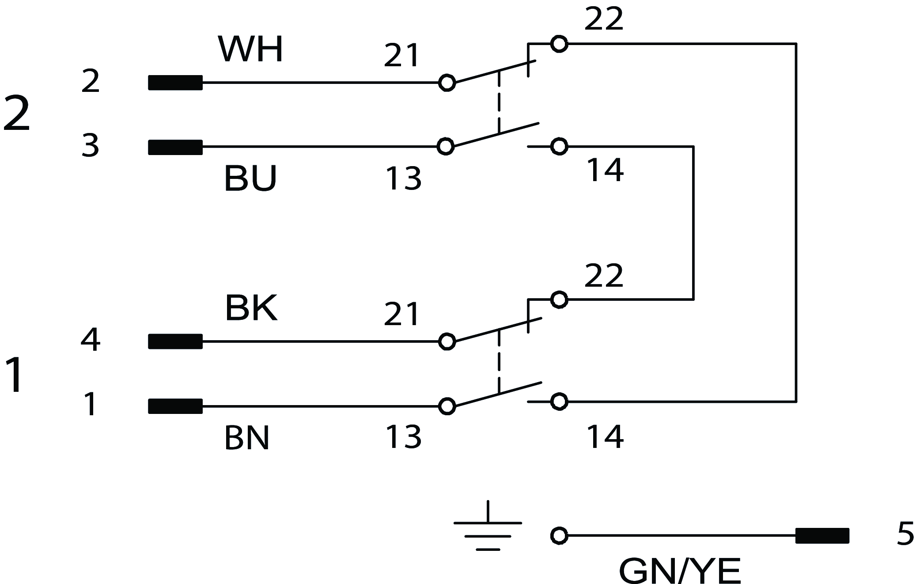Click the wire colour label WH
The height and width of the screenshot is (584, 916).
[250, 49]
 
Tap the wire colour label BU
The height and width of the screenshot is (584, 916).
[250, 178]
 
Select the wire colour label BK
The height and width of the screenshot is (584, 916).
[251, 308]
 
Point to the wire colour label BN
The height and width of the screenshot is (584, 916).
[247, 438]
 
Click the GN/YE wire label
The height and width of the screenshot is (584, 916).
[680, 572]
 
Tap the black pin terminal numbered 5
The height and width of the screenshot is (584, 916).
[822, 536]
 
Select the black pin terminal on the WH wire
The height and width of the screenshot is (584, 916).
[175, 83]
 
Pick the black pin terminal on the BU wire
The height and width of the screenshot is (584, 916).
[175, 147]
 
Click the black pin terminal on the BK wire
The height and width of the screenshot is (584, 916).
[175, 341]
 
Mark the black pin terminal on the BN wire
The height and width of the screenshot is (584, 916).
[175, 406]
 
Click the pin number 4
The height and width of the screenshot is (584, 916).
[91, 340]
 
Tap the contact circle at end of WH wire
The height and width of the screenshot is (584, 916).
[447, 83]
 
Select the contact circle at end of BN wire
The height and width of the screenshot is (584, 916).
[447, 406]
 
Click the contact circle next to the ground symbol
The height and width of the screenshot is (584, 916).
[559, 536]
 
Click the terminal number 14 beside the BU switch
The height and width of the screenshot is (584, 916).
[605, 171]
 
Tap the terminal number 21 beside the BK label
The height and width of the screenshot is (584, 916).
[401, 315]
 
